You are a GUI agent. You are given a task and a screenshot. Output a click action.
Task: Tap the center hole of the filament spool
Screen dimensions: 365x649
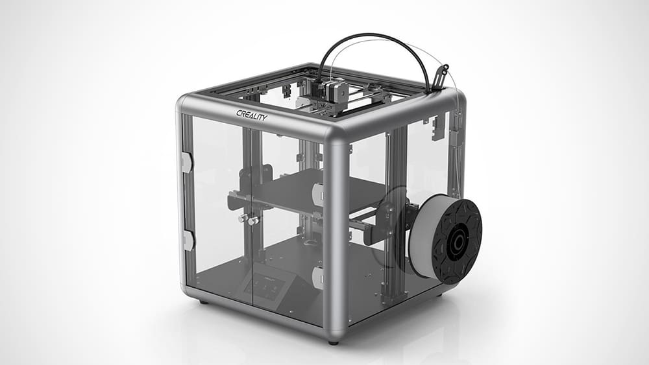pyautogui.click(x=458, y=241)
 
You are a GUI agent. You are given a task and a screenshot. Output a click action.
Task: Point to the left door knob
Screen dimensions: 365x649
pyautogui.click(x=243, y=218)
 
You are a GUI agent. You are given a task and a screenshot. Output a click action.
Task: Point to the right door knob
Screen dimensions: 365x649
pyautogui.click(x=253, y=221)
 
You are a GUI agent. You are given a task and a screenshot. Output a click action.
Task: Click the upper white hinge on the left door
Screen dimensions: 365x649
pyautogui.click(x=187, y=162)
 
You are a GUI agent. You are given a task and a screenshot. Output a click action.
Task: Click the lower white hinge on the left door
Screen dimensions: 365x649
pyautogui.click(x=188, y=240)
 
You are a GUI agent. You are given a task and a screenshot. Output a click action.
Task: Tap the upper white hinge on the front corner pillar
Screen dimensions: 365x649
pyautogui.click(x=318, y=193)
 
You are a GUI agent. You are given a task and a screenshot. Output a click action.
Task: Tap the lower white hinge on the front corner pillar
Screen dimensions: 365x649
pyautogui.click(x=318, y=277)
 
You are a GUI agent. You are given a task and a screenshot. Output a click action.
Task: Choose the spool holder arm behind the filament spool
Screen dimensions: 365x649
pyautogui.click(x=402, y=220)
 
